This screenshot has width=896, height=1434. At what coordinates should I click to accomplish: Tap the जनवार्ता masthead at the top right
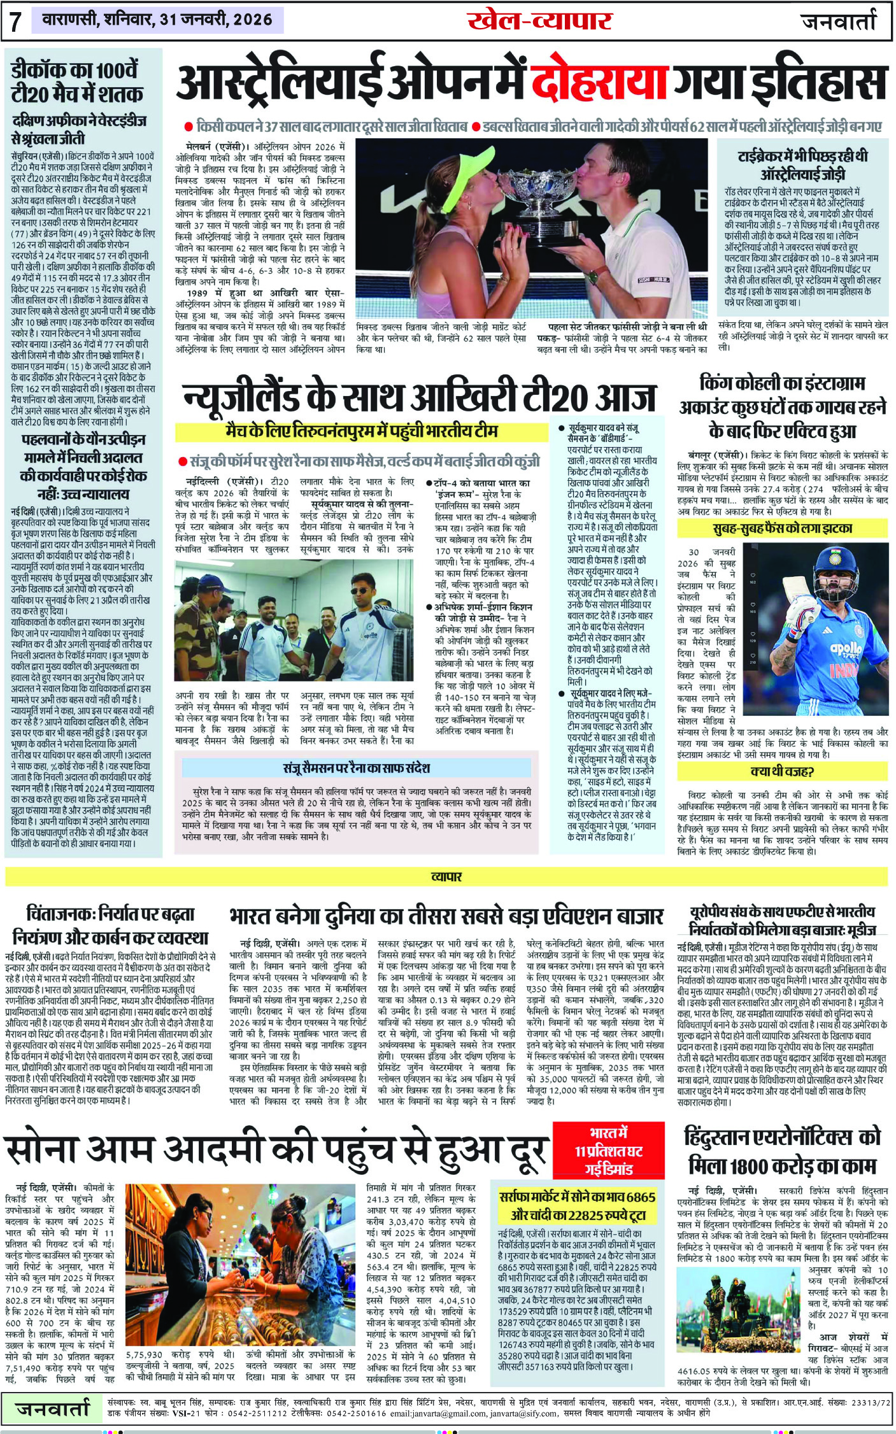[839, 22]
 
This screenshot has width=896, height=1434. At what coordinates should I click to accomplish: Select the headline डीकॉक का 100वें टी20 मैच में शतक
[77, 83]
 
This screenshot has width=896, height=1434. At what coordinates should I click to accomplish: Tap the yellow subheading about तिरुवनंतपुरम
[361, 432]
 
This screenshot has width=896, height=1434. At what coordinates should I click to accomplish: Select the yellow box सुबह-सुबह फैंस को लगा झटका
[782, 528]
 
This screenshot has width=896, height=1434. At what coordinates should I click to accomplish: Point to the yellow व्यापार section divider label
[446, 877]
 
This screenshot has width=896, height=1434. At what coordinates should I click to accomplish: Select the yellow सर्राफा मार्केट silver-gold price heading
[578, 1205]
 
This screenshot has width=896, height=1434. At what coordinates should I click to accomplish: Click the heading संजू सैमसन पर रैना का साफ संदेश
[357, 768]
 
